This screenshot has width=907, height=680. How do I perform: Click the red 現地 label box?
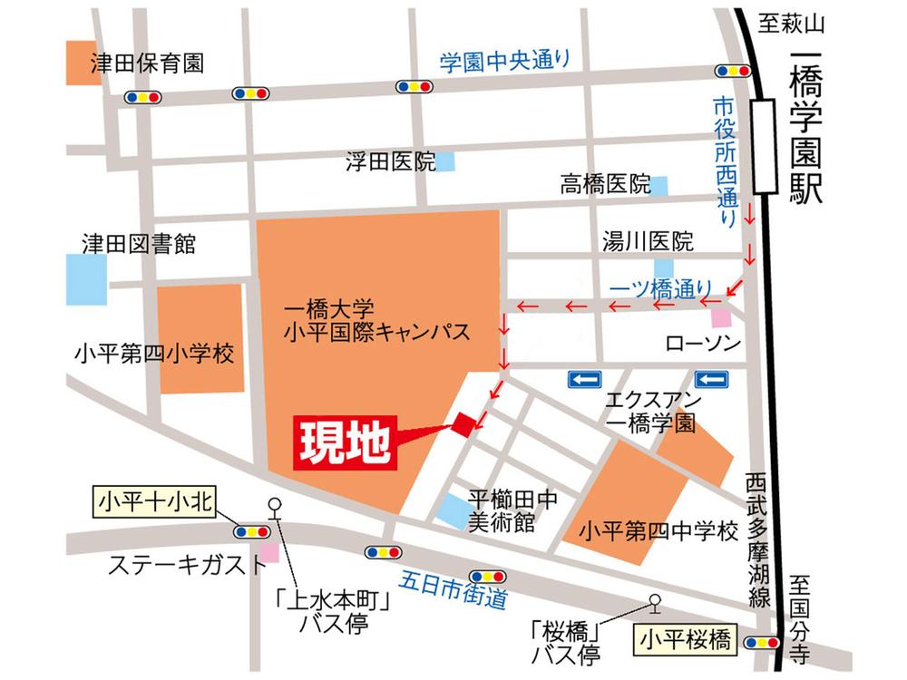(x=345, y=443)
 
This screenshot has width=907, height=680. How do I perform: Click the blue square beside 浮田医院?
(x=446, y=162)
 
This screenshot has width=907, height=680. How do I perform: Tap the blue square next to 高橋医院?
(x=660, y=186)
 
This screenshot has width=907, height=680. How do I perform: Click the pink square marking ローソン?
(x=721, y=318)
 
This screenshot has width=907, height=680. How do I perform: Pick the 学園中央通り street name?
(x=505, y=62)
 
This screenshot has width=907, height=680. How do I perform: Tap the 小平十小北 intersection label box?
(x=154, y=500)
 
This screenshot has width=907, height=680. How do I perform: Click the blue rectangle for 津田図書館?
(x=86, y=279)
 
